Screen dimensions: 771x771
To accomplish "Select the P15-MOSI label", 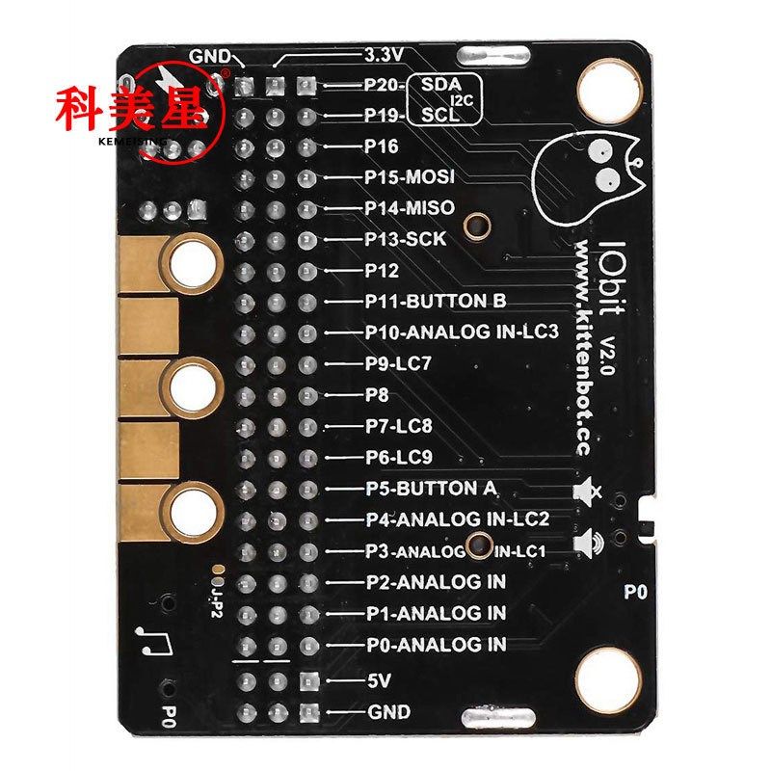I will click(410, 177).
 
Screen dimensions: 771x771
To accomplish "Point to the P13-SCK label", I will click(405, 239).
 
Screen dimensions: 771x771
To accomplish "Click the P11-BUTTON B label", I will click(436, 302).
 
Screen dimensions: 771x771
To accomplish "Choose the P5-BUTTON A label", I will click(431, 489).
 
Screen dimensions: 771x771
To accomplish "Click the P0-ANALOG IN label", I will click(436, 644).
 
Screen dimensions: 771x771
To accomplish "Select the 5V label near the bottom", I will click(377, 680).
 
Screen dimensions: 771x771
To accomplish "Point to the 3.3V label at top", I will click(383, 54).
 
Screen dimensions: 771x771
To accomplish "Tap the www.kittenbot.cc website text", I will click(583, 347).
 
